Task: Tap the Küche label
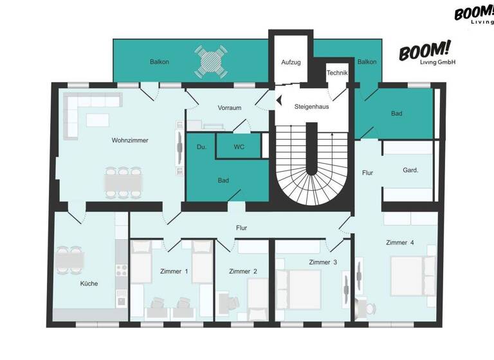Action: (89, 283)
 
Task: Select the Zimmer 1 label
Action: (174, 271)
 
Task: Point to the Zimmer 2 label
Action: (243, 271)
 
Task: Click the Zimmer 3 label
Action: (323, 262)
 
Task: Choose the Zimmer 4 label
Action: (399, 242)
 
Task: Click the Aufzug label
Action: (291, 62)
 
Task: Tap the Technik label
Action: (337, 73)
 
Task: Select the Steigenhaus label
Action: (311, 106)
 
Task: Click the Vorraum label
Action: (229, 107)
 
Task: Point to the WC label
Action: (239, 147)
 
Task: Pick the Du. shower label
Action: (201, 147)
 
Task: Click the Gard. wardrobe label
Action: (410, 170)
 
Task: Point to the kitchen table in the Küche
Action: (69, 260)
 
